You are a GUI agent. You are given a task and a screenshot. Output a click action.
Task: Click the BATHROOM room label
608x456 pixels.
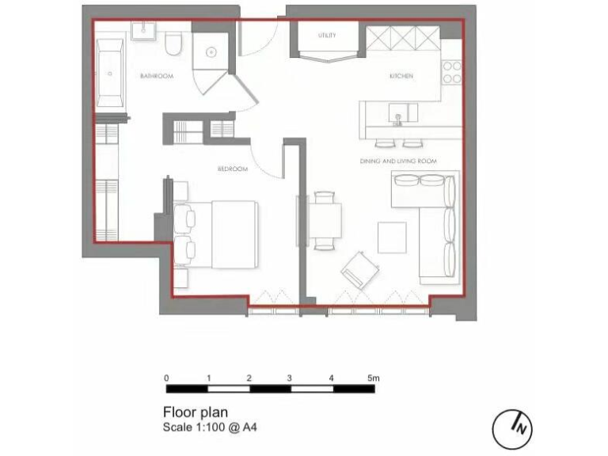pos(156,76)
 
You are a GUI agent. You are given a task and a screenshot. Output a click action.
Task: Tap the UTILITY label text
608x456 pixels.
pos(327,36)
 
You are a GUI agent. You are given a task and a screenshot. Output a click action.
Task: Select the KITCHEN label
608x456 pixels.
pos(401,76)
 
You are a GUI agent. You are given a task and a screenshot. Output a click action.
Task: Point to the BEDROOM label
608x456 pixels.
pos(233,169)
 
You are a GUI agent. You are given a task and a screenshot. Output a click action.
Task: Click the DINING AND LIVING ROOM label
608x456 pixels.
pos(399,161)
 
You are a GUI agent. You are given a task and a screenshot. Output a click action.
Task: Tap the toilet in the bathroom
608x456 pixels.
pos(175,44)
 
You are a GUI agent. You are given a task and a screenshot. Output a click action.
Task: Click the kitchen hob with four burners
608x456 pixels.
pos(452,73)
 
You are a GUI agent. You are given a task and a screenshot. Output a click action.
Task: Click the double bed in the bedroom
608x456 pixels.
pos(226,235)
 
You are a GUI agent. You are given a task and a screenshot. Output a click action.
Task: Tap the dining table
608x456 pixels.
pos(326,220)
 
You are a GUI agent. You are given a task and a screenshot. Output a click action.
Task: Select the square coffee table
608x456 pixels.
pos(392,237)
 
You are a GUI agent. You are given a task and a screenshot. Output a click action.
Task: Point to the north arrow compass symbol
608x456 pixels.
pos(512,428)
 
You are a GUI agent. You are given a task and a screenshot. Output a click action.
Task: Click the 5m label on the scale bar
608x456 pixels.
pos(374,378)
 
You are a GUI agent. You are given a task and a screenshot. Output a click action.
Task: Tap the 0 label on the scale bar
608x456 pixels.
pos(166,378)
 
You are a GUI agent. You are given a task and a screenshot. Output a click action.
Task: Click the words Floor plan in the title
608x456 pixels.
pos(195,412)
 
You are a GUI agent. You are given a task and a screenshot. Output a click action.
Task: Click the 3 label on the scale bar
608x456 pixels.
pos(290,378)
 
